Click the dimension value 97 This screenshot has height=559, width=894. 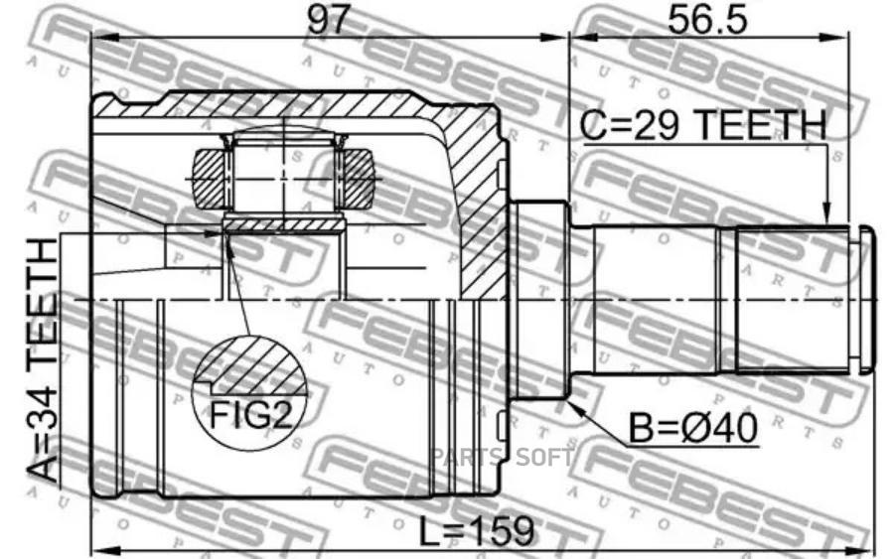(x=327, y=20)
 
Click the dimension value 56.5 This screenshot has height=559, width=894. (x=707, y=20)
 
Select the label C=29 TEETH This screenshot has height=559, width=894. (x=702, y=125)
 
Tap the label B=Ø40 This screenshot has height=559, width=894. (x=693, y=428)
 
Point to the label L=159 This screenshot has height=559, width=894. (x=477, y=531)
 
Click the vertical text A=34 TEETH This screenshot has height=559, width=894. (x=44, y=361)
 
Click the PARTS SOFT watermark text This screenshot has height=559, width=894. (x=502, y=457)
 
